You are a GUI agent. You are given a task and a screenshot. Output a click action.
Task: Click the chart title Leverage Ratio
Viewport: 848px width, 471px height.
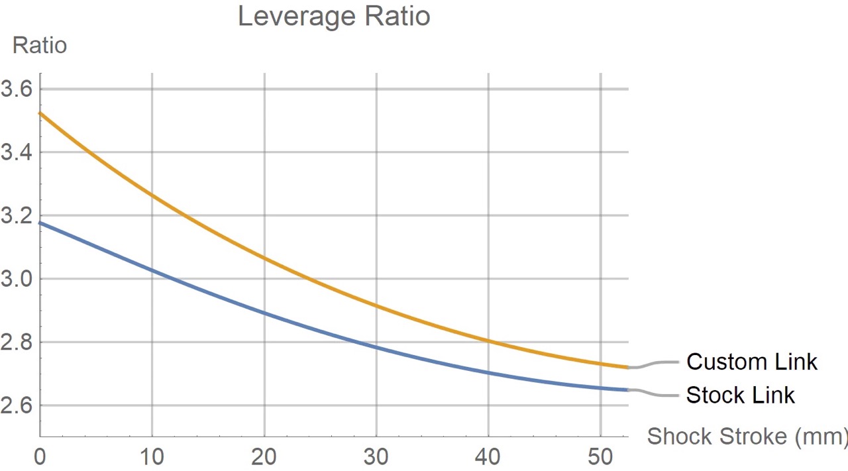coord(334,17)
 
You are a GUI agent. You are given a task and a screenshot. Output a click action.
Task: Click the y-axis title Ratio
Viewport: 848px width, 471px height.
coord(40,46)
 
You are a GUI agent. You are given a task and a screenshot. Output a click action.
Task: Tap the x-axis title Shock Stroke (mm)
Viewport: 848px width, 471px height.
coord(747,437)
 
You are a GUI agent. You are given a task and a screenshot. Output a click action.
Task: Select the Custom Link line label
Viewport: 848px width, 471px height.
coord(751,362)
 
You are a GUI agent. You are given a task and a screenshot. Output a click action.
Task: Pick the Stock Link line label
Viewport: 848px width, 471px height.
coord(740,395)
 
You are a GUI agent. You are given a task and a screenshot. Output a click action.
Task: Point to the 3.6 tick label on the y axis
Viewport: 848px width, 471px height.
coord(16,89)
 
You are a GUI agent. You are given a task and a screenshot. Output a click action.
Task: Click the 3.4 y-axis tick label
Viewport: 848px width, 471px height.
coord(16,152)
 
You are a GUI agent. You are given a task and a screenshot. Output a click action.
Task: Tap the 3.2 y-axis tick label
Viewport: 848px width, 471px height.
coord(16,216)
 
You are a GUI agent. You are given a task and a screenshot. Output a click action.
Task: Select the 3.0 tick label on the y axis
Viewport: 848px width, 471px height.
coord(16,279)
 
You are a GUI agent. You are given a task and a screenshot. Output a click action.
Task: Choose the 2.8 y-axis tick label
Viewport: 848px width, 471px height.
coord(16,342)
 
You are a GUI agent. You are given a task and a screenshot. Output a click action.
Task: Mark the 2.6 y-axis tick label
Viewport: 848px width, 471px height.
coord(16,405)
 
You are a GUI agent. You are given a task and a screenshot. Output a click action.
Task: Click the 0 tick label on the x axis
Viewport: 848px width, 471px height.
coord(40,457)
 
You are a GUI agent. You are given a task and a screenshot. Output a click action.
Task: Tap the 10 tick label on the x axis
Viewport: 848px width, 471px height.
coord(152,457)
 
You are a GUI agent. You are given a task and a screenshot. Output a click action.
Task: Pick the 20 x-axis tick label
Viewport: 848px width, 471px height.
coord(264,457)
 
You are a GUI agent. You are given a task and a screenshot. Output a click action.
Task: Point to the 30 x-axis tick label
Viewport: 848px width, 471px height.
coord(376,457)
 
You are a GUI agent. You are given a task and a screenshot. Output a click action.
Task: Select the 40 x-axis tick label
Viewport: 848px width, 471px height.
coord(488,457)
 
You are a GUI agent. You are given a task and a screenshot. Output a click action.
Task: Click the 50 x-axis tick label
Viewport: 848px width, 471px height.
coord(600,457)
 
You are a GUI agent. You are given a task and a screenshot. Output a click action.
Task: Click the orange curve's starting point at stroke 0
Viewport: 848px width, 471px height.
coord(41,113)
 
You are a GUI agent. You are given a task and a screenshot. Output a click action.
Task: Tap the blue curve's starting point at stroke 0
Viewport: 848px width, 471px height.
coord(41,223)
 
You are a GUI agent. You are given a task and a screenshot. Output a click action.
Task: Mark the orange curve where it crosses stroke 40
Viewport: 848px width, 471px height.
coord(489,341)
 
